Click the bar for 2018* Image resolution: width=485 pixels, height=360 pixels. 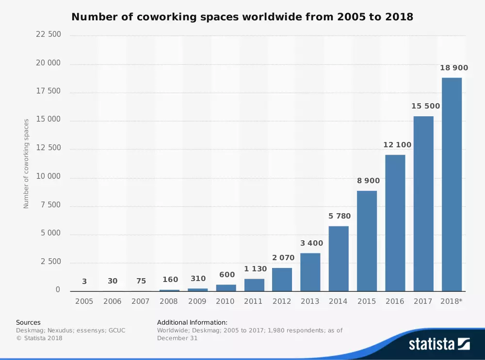coord(452,184)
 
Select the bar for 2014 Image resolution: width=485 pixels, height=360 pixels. coord(339,259)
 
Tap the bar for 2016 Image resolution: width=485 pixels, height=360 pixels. coord(395,223)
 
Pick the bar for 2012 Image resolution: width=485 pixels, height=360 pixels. coord(282,280)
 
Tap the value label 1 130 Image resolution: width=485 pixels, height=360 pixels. coord(254,269)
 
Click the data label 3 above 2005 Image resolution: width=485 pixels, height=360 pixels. coord(84,281)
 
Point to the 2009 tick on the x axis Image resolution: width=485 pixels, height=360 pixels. coord(197,301)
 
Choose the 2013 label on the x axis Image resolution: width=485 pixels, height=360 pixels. coord(310,301)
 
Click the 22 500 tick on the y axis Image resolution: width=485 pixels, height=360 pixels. coord(48,34)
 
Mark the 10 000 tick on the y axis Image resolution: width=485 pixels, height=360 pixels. coord(48,176)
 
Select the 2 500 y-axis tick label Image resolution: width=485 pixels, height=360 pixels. coord(50,262)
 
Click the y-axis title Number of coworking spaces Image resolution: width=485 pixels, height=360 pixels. coord(26,164)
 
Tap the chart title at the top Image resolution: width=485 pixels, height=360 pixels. coord(242,17)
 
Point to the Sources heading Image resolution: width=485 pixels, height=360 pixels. coord(28,322)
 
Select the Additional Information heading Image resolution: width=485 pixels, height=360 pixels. coord(192,322)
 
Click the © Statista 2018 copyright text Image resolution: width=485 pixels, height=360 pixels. coord(39,338)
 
